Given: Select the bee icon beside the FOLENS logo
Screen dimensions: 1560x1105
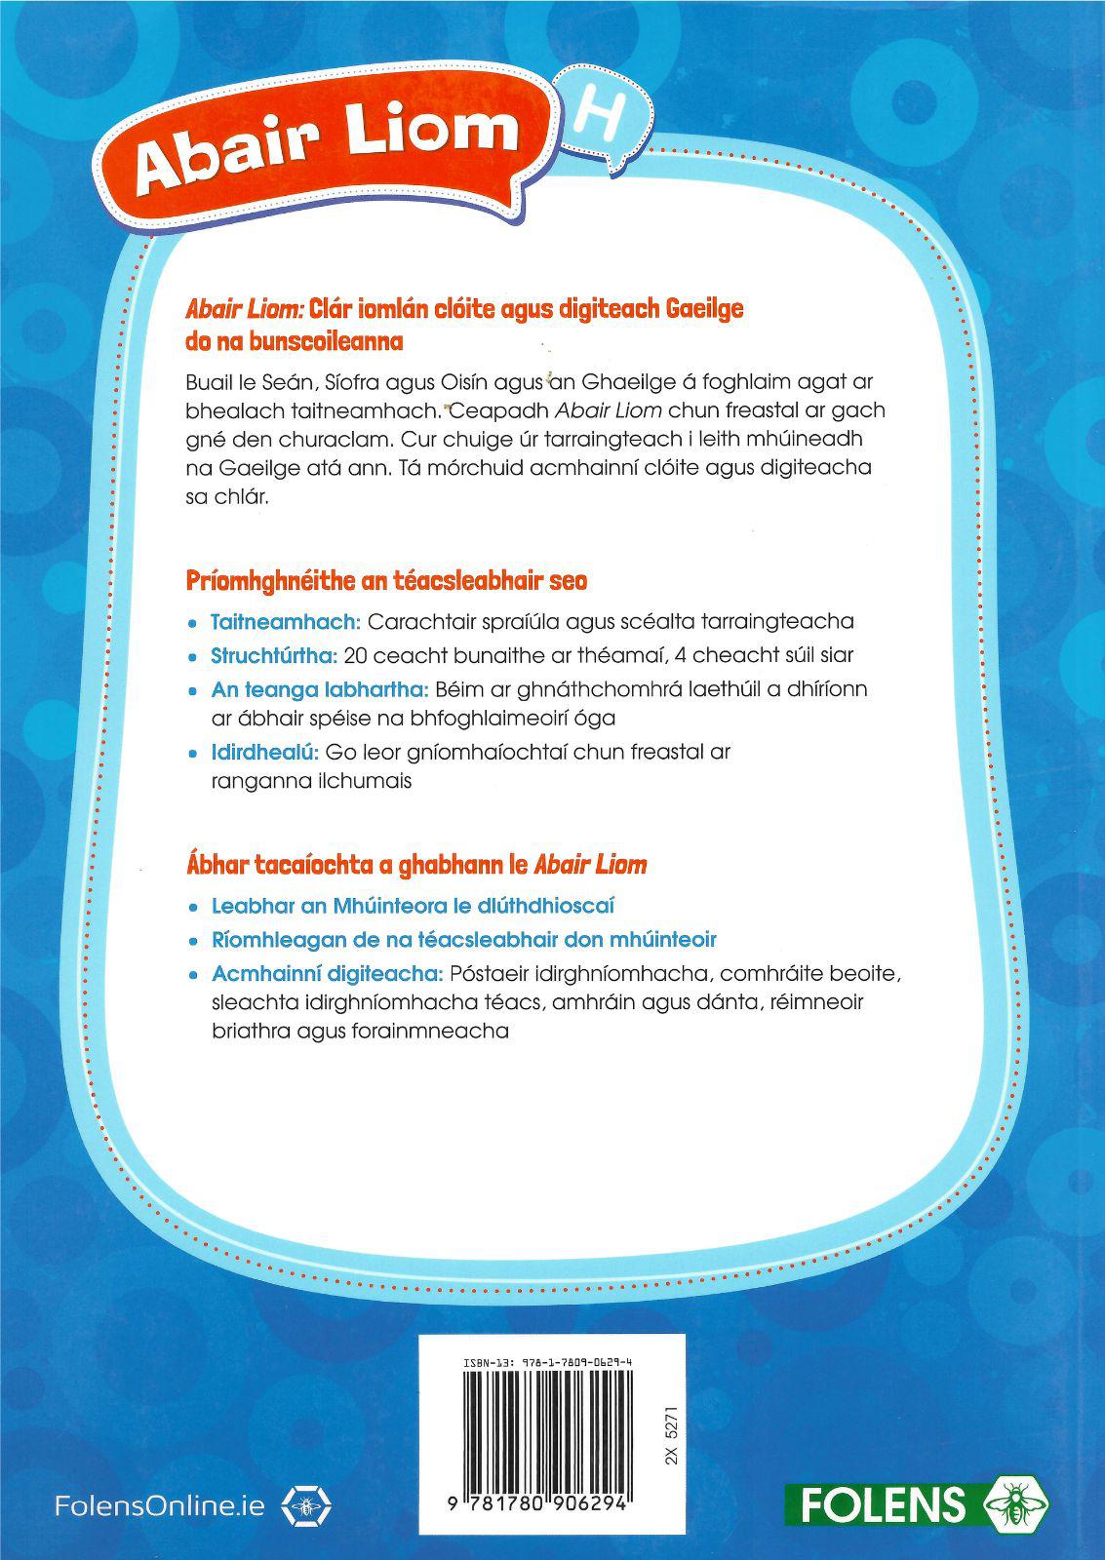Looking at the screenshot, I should click(1017, 1503).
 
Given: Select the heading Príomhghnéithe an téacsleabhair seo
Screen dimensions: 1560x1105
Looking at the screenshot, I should click(386, 581).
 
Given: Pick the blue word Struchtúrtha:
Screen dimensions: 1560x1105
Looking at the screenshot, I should click(274, 655).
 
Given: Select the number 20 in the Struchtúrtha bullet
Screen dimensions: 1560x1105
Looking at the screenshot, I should click(356, 655).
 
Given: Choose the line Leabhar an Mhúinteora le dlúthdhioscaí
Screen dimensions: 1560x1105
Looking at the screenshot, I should click(413, 905).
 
